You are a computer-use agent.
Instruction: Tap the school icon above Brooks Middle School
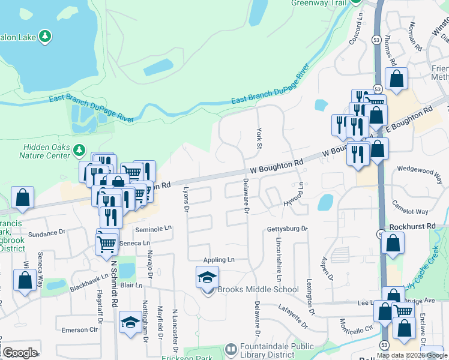[x=207, y=277]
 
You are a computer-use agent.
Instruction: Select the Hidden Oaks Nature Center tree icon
[x=79, y=149]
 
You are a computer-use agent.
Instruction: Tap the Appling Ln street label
[x=218, y=260]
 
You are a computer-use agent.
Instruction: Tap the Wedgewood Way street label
[x=419, y=170]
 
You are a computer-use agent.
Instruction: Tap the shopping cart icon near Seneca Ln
[x=107, y=243]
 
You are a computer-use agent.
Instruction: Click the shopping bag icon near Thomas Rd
[x=396, y=79]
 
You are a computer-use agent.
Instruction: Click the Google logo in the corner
[x=19, y=352]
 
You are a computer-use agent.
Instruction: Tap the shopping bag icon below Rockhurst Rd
[x=393, y=243]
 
